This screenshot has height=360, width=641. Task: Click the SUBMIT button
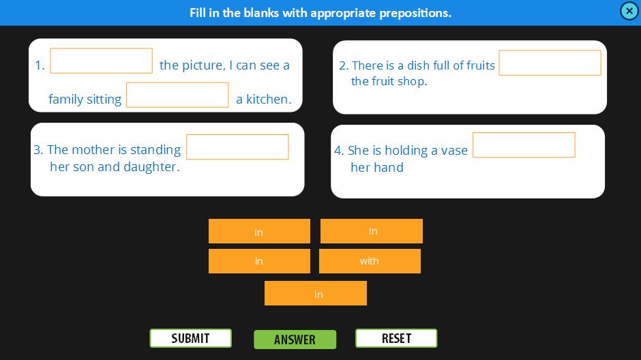[190, 338]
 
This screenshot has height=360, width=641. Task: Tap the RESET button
[396, 338]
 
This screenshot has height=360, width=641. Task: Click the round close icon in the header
[629, 11]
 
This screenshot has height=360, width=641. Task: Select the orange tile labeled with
[370, 261]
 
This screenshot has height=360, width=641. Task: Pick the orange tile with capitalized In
[371, 231]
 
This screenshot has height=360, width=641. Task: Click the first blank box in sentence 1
[102, 61]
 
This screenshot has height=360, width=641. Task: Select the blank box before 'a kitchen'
[177, 95]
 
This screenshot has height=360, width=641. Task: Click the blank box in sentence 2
[550, 63]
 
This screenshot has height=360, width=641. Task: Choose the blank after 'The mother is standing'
[237, 147]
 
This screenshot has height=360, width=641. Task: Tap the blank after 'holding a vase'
[524, 145]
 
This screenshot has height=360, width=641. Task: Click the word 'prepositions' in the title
[415, 13]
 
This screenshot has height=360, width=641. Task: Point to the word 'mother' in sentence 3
[93, 150]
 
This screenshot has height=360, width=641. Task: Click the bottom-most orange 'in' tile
[316, 293]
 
